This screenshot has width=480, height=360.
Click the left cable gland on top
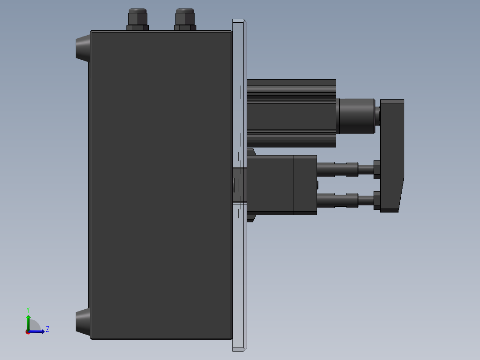pyautogui.click(x=137, y=20)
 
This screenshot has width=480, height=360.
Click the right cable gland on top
pyautogui.click(x=185, y=20)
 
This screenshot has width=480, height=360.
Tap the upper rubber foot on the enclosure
pyautogui.click(x=82, y=48)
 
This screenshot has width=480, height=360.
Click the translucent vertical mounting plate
pyautogui.click(x=239, y=267)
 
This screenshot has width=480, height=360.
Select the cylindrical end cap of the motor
pyautogui.click(x=356, y=116)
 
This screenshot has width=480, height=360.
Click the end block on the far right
pyautogui.click(x=392, y=151)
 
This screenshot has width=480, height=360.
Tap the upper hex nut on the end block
pyautogui.click(x=377, y=170)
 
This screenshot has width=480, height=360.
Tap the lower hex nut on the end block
pyautogui.click(x=377, y=200)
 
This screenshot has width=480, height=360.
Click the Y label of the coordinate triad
pyautogui.click(x=28, y=309)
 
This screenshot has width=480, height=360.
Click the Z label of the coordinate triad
pyautogui.click(x=47, y=329)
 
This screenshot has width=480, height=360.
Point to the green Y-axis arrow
pyautogui.click(x=28, y=322)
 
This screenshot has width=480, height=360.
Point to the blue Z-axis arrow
pyautogui.click(x=38, y=331)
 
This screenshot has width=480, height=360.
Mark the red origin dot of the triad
pyautogui.click(x=28, y=332)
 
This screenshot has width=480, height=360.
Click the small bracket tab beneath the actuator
pyautogui.click(x=250, y=218)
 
